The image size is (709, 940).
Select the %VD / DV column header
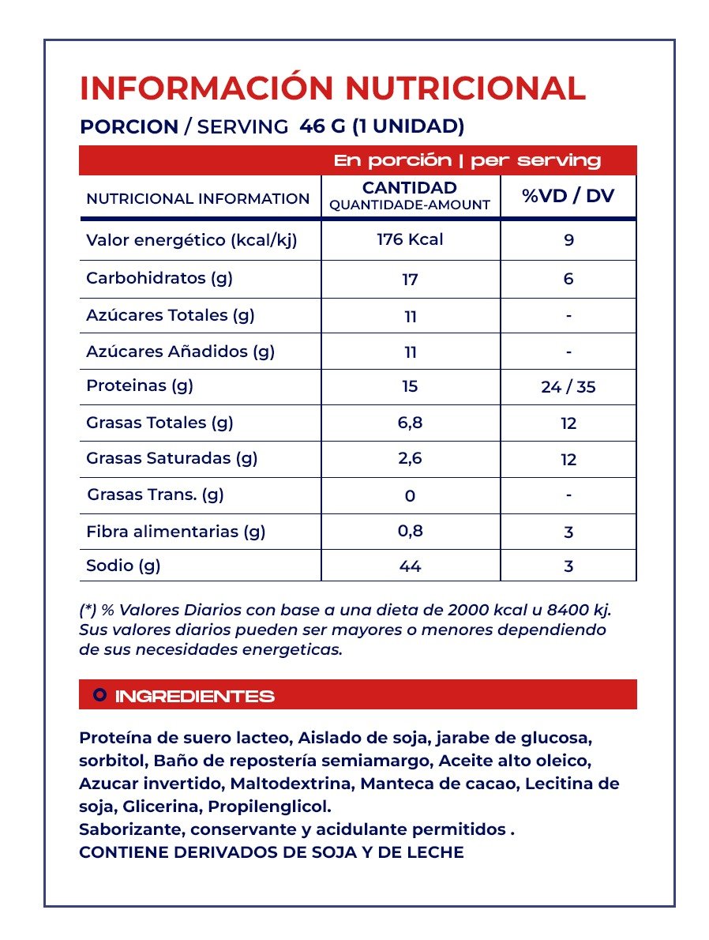(568, 197)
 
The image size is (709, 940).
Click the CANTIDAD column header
(410, 188)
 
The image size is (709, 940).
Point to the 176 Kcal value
(410, 239)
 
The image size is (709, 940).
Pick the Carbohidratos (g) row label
(159, 278)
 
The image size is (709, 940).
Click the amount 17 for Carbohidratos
(410, 280)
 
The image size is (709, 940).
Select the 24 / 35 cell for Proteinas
(568, 387)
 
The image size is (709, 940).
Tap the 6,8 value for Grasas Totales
(410, 423)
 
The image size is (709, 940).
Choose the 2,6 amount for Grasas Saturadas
(410, 459)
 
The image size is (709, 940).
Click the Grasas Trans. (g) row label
(156, 495)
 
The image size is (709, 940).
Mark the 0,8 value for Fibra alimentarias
(410, 532)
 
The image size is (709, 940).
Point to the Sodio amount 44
(410, 566)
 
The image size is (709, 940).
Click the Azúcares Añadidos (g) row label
(180, 352)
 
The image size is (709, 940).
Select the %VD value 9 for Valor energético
(568, 240)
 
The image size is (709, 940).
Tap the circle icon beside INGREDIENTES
(100, 695)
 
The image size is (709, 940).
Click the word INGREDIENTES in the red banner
(195, 696)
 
